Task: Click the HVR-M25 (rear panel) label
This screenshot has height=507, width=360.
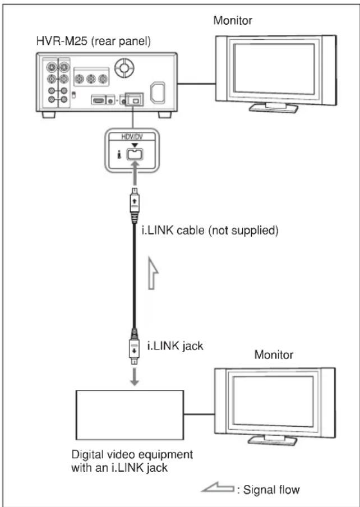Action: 94,42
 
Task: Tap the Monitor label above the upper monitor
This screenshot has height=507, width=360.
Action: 233,20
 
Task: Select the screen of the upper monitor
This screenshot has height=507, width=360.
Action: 274,68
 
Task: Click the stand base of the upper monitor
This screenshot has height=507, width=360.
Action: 274,108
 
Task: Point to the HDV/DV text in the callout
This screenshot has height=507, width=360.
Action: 132,137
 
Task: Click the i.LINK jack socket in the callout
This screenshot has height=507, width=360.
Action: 135,154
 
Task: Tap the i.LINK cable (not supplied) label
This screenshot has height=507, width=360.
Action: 210,231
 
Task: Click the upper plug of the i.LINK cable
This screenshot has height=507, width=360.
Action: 135,205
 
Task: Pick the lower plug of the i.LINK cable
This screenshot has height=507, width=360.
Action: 135,347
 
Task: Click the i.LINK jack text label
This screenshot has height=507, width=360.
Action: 176,346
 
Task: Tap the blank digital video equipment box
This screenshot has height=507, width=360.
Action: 130,415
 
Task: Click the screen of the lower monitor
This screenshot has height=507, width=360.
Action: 274,401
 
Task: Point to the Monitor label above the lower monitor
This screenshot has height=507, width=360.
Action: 274,354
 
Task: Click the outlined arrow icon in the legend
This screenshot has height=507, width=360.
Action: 218,487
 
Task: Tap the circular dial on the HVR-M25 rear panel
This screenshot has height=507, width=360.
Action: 124,67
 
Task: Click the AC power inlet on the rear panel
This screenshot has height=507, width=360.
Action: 158,93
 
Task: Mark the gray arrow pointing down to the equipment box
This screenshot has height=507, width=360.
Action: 135,376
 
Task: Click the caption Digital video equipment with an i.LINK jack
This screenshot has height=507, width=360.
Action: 132,461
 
